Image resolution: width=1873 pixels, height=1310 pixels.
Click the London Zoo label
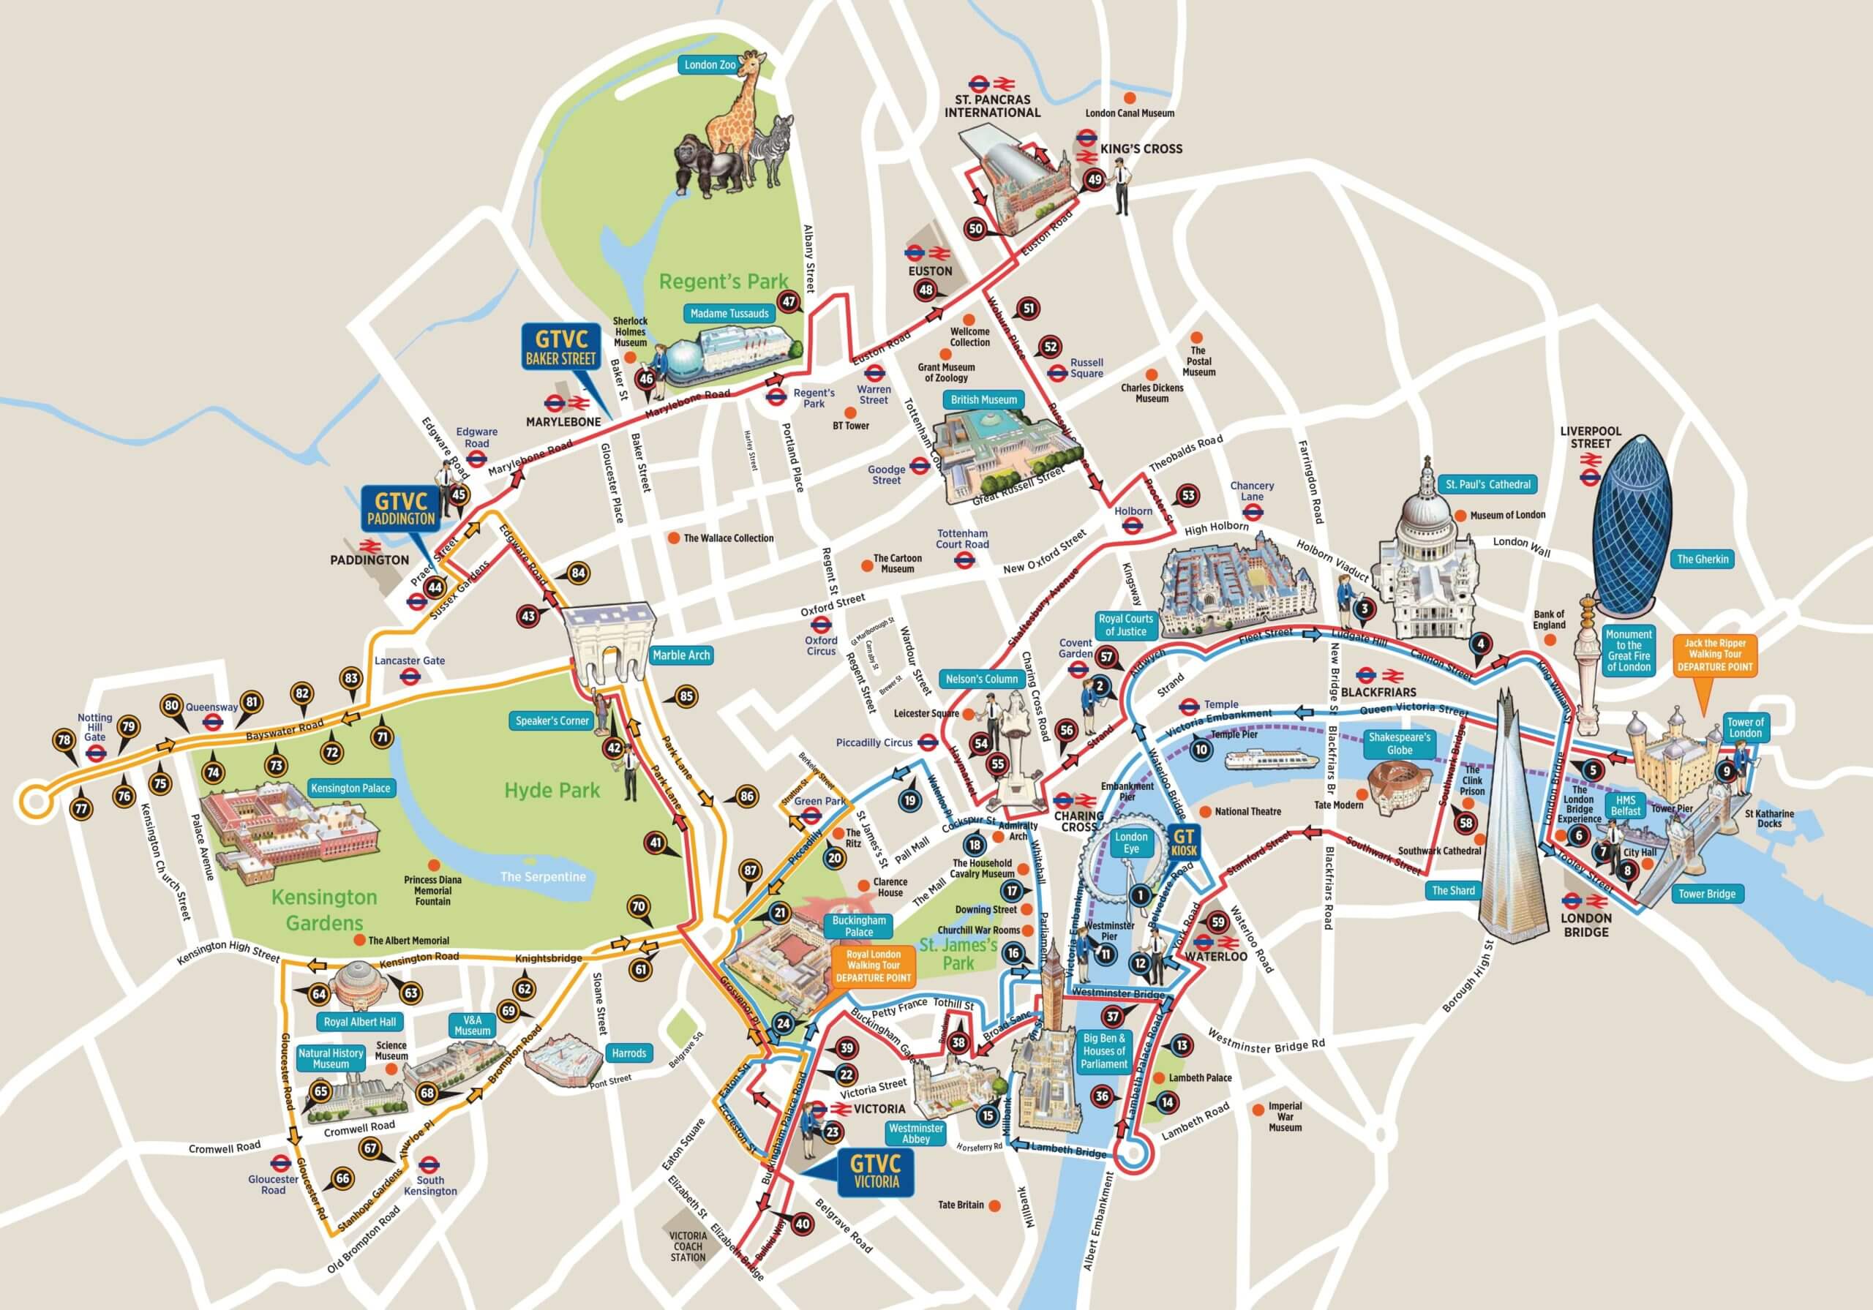(710, 64)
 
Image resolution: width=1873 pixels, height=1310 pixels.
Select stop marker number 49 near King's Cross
(1094, 180)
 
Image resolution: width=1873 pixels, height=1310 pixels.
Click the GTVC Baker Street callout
(561, 347)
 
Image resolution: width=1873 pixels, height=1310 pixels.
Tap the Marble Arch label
(681, 655)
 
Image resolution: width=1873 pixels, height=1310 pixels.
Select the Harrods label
(629, 1053)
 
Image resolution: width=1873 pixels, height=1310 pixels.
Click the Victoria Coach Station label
(688, 1246)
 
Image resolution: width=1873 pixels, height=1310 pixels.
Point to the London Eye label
(1130, 843)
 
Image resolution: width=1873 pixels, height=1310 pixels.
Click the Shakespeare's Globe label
(1399, 743)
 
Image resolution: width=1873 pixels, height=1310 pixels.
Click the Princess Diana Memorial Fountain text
(432, 891)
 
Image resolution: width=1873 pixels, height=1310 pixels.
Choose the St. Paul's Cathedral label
(1488, 483)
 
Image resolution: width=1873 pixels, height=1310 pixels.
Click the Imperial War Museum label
(1285, 1117)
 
